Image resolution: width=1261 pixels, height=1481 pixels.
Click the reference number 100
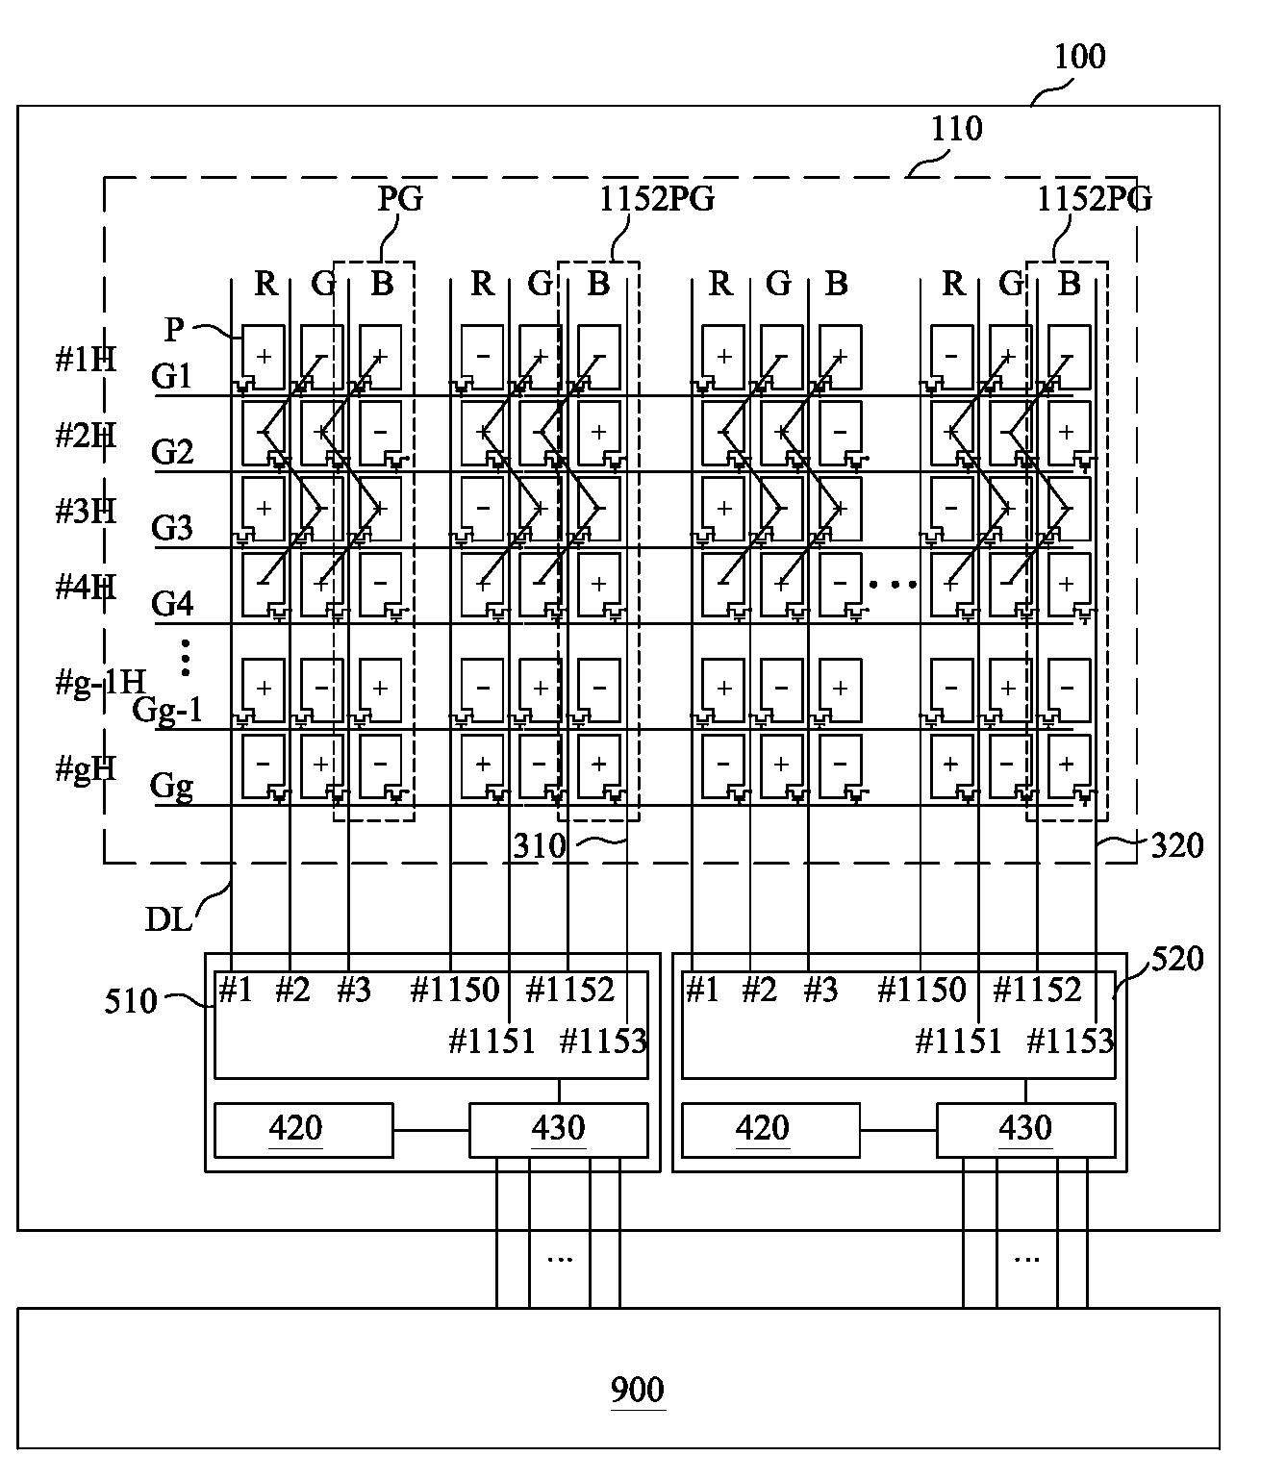[x=1079, y=58]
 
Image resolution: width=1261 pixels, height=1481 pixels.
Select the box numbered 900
[x=638, y=1391]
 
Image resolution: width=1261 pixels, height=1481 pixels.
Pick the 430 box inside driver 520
[x=1025, y=1129]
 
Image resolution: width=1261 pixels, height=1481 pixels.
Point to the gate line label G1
[x=172, y=376]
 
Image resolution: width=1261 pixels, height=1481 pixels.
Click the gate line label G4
[x=172, y=604]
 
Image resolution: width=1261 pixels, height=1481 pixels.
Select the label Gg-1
[x=167, y=710]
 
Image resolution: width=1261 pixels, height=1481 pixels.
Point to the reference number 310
[x=539, y=846]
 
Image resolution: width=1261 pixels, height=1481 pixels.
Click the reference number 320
[x=1176, y=846]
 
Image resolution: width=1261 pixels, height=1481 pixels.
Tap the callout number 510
[x=131, y=1002]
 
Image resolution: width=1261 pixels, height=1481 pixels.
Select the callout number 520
[x=1176, y=959]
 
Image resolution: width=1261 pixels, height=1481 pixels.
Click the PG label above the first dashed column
[x=399, y=199]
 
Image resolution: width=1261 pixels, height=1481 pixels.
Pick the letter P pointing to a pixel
[x=173, y=329]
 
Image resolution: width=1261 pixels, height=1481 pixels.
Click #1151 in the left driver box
[x=492, y=1041]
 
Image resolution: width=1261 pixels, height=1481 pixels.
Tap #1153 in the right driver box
[x=1071, y=1041]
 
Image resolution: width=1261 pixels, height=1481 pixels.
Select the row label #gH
[x=86, y=768]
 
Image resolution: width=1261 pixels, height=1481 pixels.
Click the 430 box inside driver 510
[x=558, y=1129]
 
